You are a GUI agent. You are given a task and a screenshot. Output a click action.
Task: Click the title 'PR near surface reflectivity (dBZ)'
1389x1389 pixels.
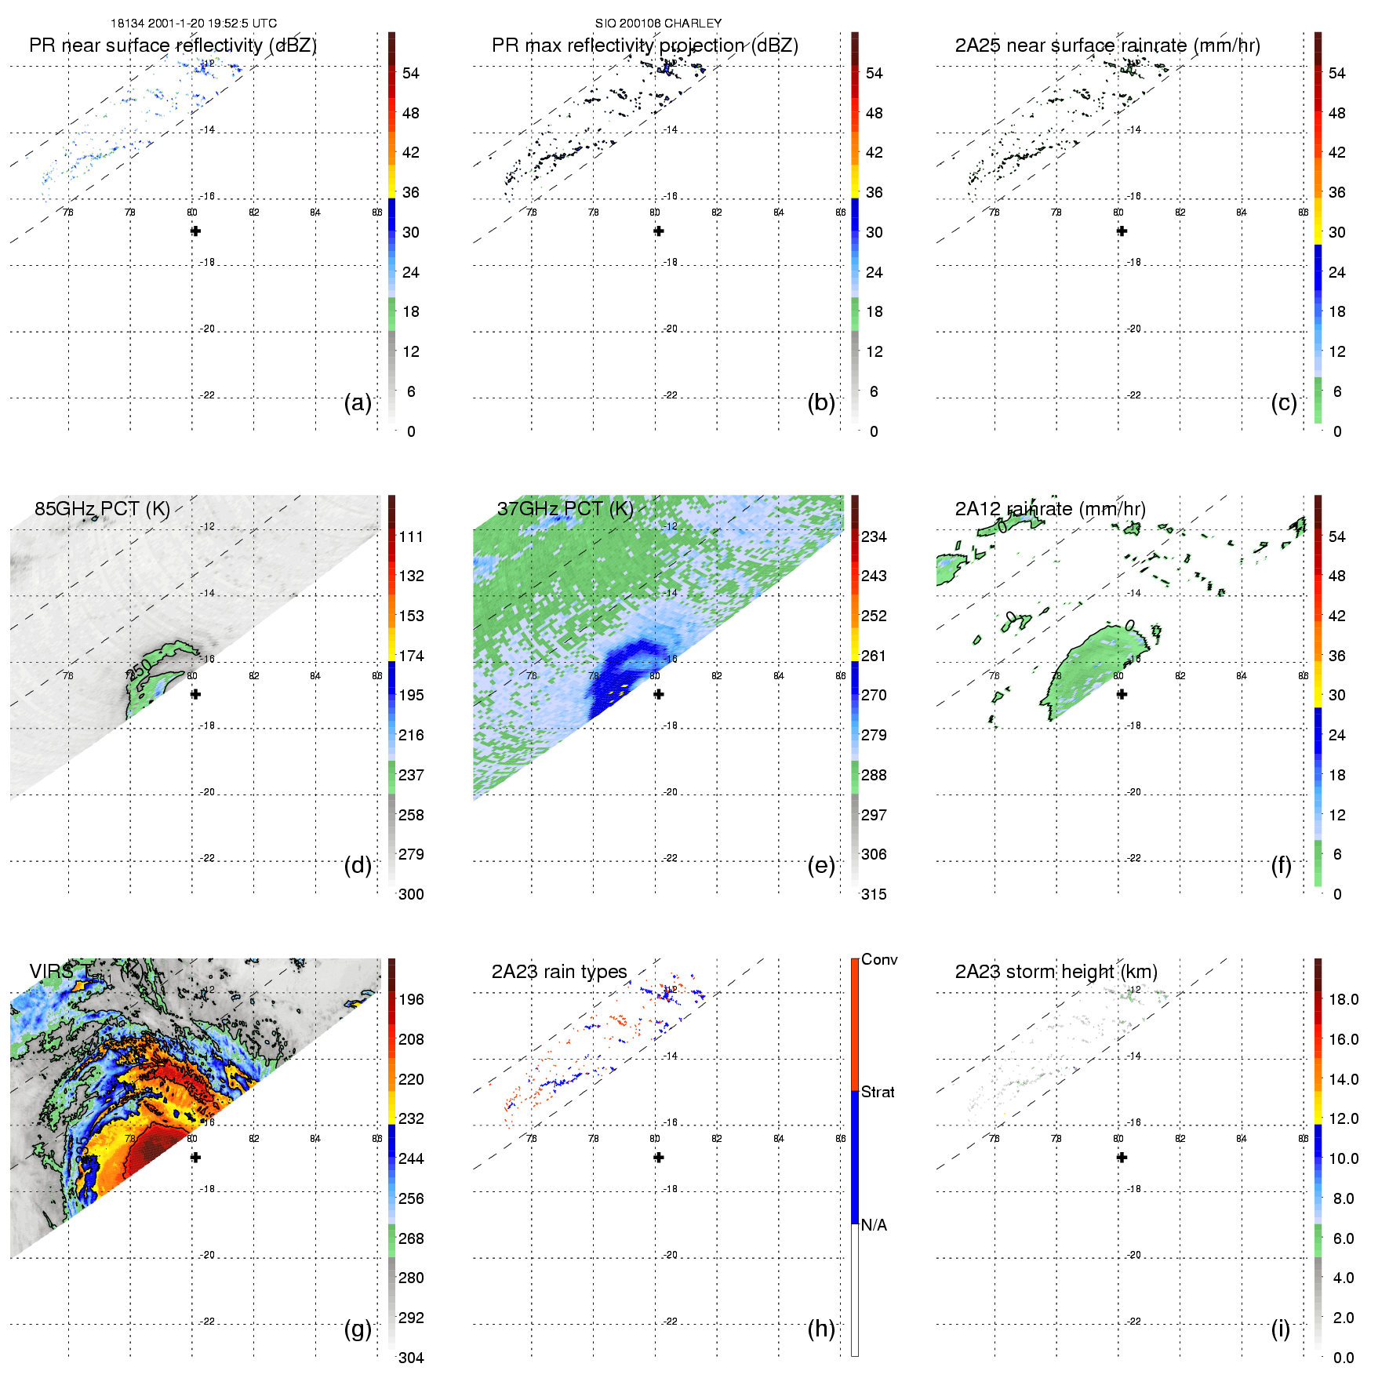[x=173, y=45]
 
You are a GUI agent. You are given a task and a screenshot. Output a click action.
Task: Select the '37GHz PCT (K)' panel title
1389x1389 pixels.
[x=565, y=509]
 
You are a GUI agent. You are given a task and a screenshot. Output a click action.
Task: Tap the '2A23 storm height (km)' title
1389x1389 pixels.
[x=1056, y=972]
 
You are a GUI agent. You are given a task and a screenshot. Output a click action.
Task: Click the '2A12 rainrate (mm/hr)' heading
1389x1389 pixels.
[x=1050, y=509]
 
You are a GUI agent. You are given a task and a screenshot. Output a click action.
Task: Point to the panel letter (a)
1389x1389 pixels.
[x=358, y=402]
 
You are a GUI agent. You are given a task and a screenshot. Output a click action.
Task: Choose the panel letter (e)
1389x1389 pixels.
[x=821, y=865]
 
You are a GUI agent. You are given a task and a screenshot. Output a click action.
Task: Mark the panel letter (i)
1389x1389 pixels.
[x=1280, y=1329]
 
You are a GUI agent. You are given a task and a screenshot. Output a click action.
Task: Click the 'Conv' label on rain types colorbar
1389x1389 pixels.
[x=879, y=959]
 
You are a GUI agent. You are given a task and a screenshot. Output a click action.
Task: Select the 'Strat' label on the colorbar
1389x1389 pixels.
[x=878, y=1092]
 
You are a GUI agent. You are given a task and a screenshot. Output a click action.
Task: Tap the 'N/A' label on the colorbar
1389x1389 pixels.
[x=874, y=1225]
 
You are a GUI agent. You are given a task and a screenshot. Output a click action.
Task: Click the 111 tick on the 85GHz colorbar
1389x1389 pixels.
[x=411, y=536]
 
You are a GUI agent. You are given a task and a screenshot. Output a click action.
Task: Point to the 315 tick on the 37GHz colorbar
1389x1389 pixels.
[x=874, y=894]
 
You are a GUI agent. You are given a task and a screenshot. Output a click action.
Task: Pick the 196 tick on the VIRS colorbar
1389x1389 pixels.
[x=411, y=999]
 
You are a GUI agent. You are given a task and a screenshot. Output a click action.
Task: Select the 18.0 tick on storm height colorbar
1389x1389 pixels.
[x=1343, y=999]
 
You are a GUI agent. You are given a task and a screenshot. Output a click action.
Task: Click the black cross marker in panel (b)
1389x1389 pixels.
[x=659, y=231]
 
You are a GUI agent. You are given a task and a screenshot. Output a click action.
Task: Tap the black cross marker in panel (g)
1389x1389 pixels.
[x=196, y=1158]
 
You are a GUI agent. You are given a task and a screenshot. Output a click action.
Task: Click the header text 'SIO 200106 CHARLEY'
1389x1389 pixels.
[x=658, y=24]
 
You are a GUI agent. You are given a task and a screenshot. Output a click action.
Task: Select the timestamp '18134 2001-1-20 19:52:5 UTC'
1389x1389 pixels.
[x=194, y=24]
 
